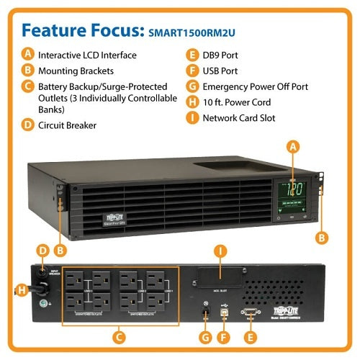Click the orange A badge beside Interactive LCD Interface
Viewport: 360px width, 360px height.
point(27,54)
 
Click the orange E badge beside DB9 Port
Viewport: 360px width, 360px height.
point(192,54)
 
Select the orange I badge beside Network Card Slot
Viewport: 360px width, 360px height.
point(192,118)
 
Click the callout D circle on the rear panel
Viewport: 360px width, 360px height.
point(42,251)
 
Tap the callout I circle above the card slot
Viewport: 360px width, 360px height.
point(221,251)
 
